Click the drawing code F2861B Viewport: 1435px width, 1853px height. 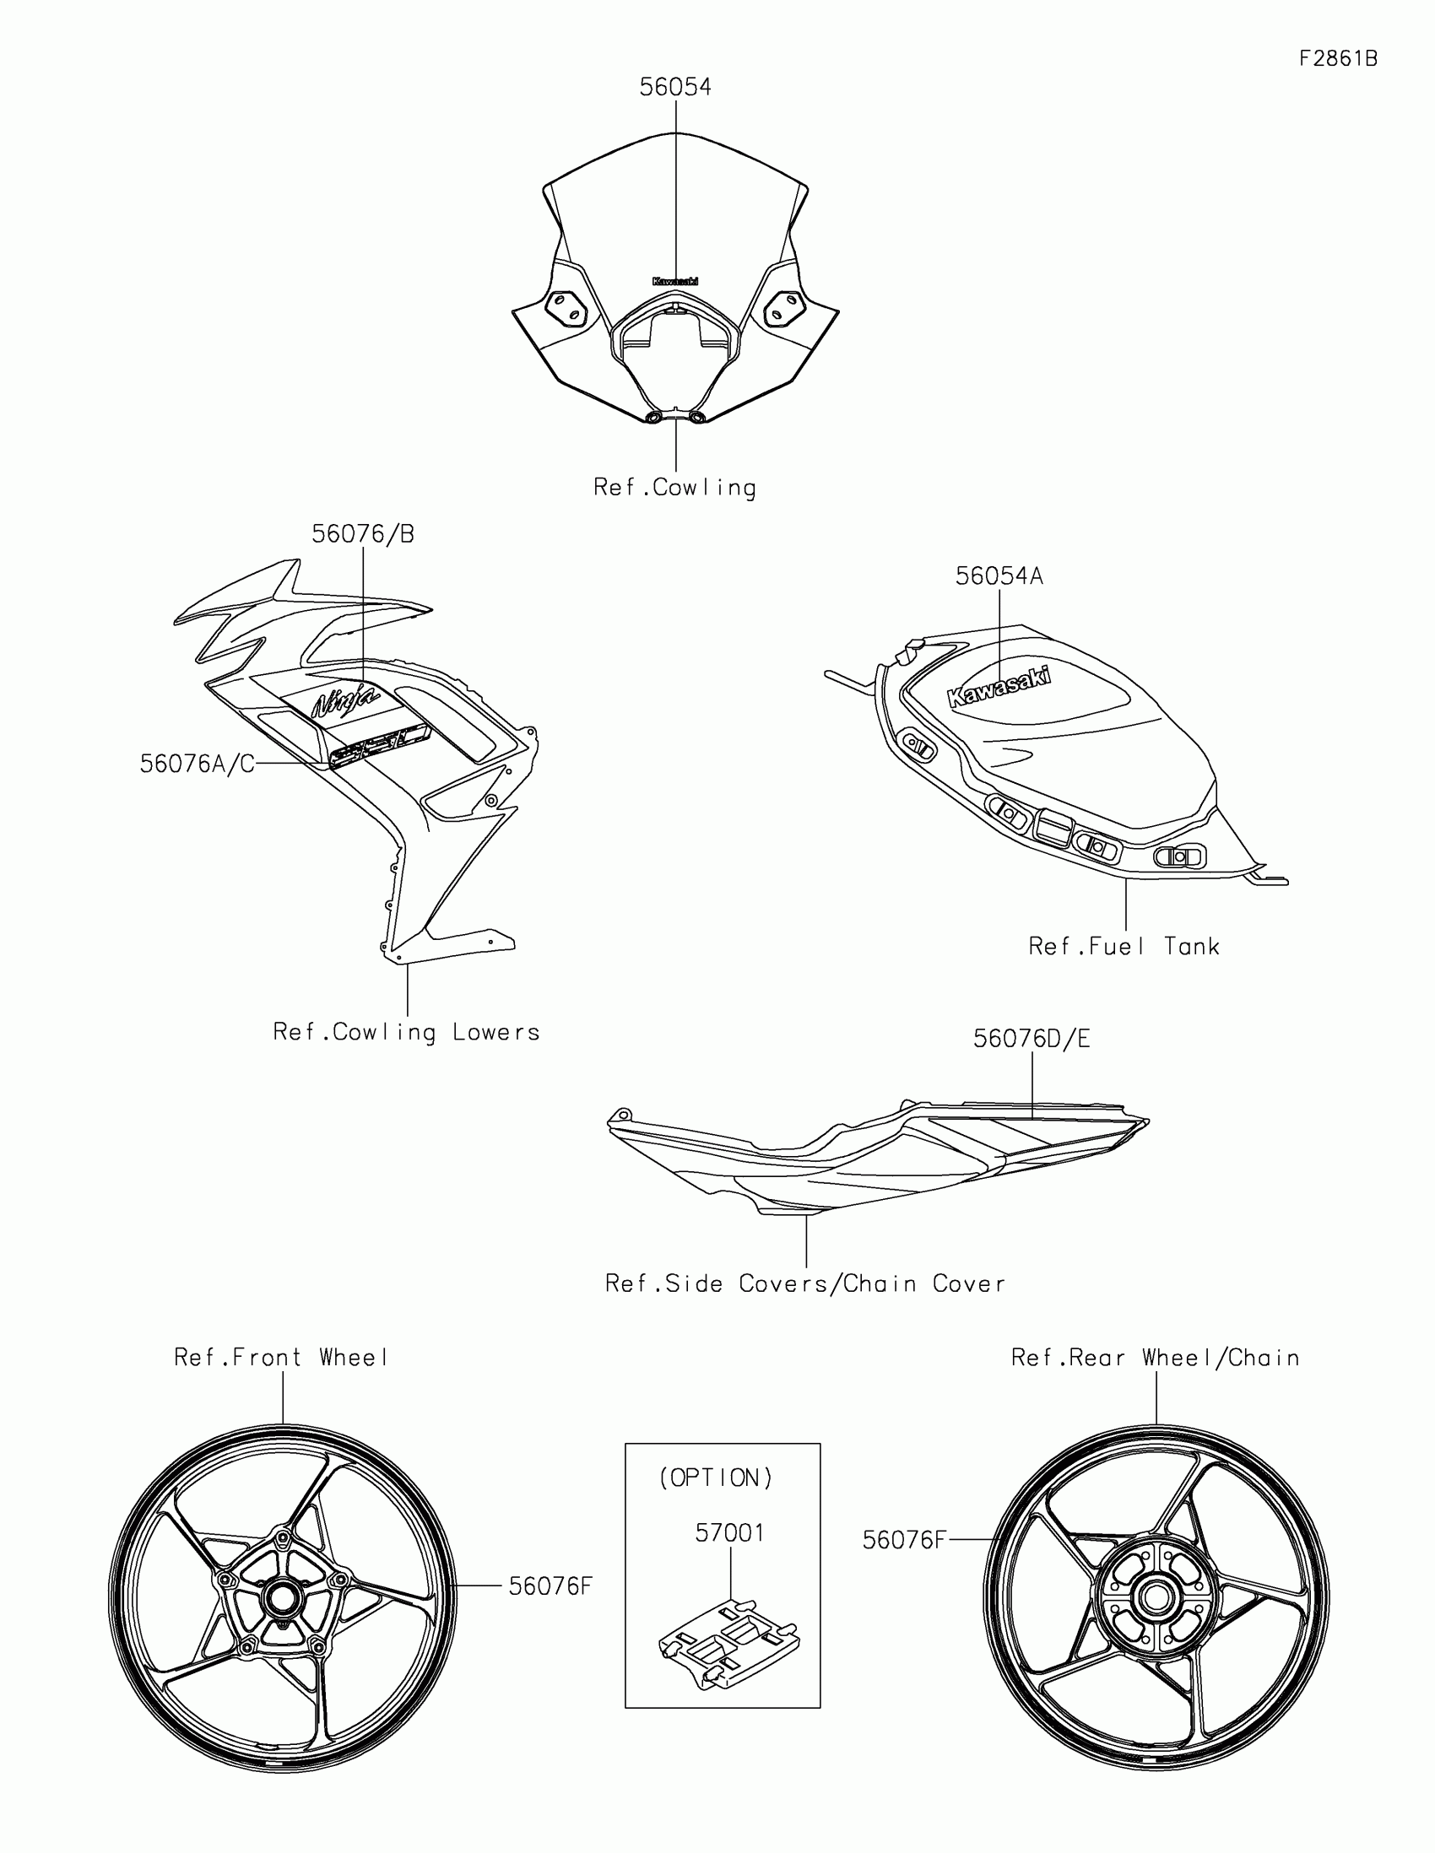1337,58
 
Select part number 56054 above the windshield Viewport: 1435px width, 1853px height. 675,88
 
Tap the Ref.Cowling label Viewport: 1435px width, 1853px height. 674,488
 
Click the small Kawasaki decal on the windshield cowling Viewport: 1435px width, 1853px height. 675,281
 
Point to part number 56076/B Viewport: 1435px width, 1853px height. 362,534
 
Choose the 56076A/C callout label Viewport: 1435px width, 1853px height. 197,764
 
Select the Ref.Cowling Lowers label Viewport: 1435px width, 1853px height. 407,1033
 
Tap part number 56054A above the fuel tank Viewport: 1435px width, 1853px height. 999,577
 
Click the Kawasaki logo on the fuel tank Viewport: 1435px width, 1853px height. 999,686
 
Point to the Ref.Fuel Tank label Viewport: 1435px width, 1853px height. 1124,947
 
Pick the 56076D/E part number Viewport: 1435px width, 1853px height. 1031,1040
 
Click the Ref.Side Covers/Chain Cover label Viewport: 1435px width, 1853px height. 804,1283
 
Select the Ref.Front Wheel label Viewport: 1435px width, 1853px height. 281,1359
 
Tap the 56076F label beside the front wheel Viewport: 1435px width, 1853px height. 550,1586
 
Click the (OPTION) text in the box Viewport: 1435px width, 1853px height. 716,1478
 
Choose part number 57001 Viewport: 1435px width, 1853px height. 730,1533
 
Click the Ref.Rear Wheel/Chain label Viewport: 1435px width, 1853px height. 1155,1359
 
